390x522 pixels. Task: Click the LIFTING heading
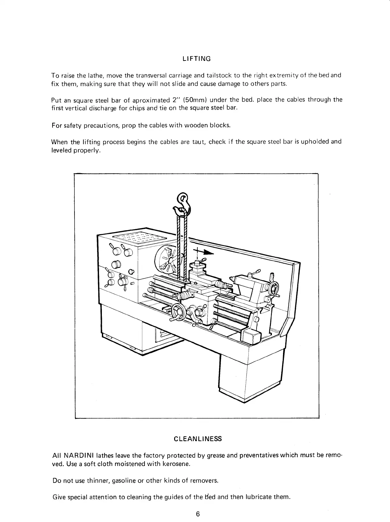pyautogui.click(x=196, y=59)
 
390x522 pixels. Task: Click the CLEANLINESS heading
pyautogui.click(x=197, y=439)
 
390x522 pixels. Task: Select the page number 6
pyautogui.click(x=198, y=514)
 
